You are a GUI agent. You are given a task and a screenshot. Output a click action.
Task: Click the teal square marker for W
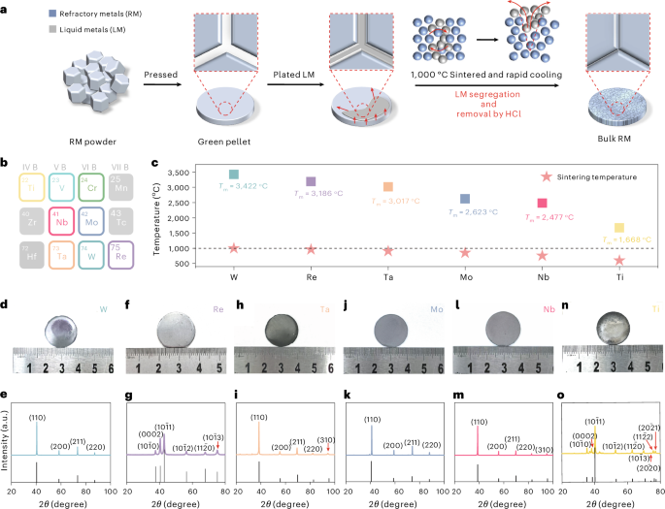tap(233, 175)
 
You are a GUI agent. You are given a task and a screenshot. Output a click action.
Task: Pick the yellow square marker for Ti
tap(618, 228)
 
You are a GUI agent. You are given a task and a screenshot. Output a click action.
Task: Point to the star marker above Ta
tap(387, 251)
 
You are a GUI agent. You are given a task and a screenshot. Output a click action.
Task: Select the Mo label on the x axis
tap(465, 273)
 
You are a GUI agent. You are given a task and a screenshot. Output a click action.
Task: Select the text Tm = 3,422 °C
tap(243, 192)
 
